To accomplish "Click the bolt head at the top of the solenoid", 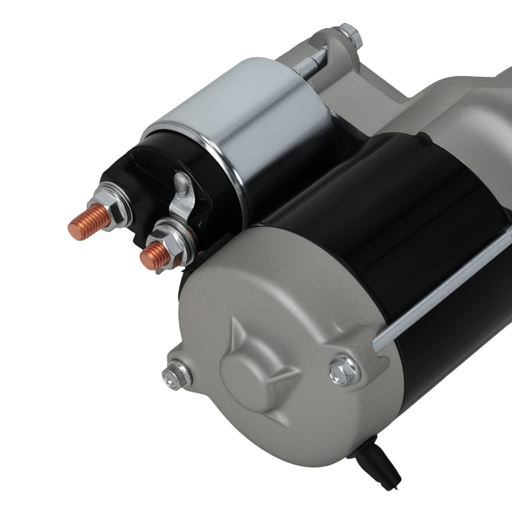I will click(347, 37).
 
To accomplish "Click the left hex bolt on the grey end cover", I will click(176, 375).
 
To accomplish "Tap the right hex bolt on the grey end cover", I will click(344, 369).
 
